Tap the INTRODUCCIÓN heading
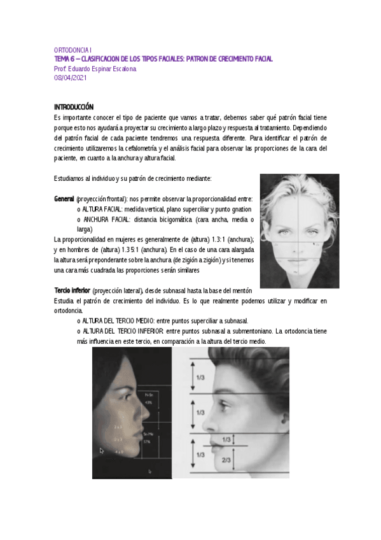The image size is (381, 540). pos(74,107)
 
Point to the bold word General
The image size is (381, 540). pos(64,199)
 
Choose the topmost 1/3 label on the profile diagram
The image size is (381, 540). pos(200,378)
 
